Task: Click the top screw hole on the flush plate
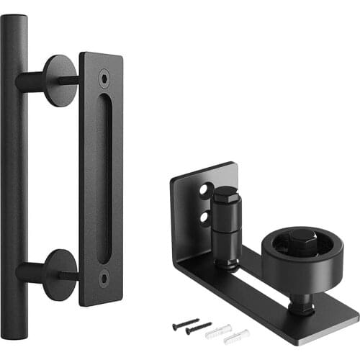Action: [106, 73]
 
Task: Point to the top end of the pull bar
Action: [14, 22]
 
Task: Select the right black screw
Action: [199, 328]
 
